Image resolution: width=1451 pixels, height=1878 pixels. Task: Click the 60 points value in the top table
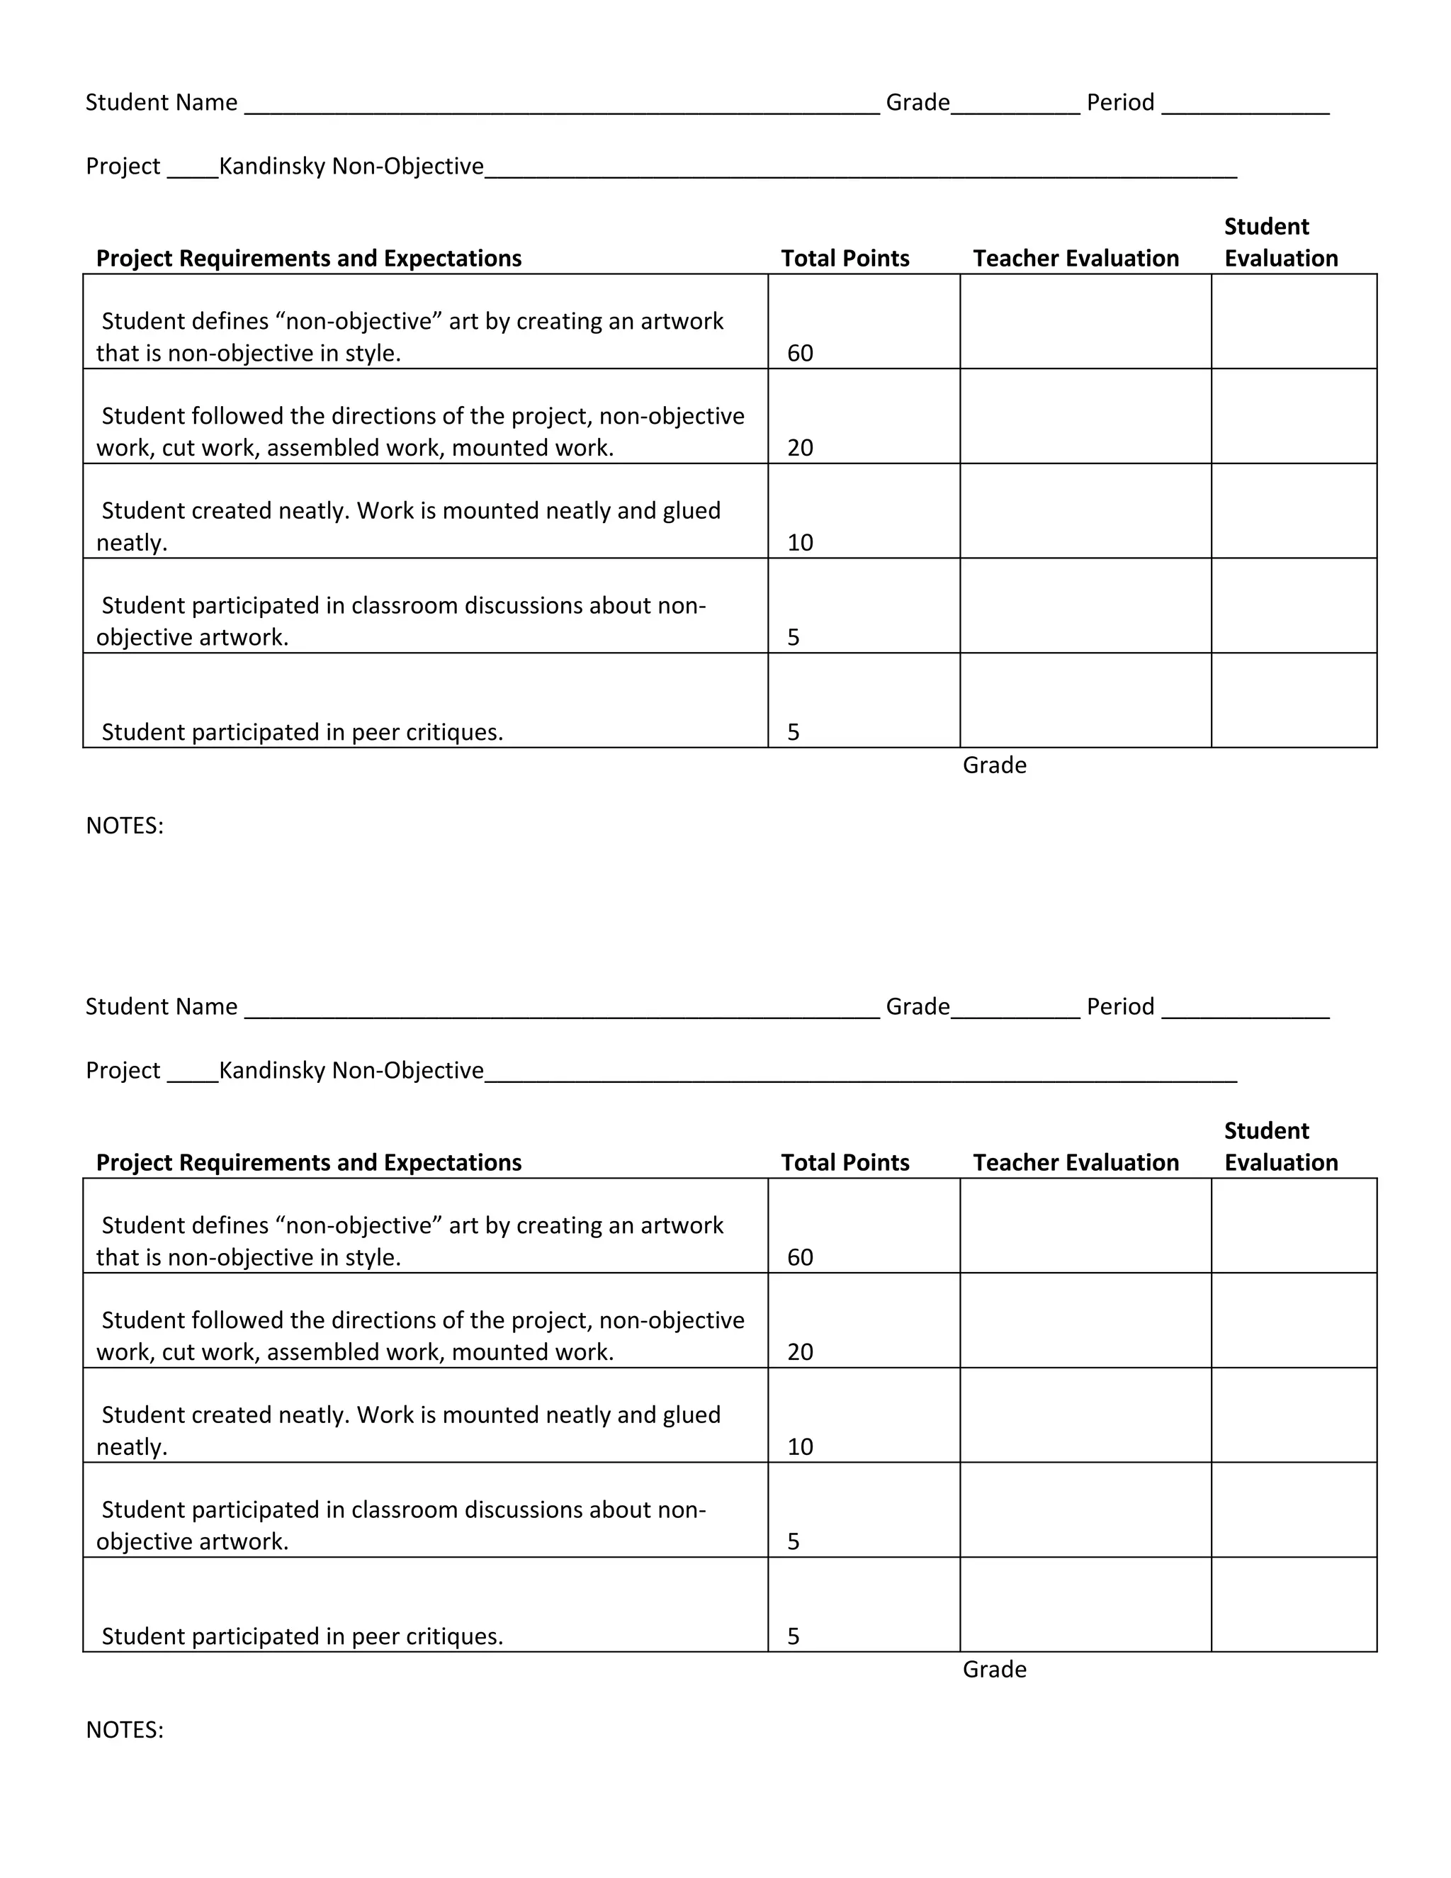799,354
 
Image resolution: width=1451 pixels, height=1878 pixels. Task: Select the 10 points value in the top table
799,543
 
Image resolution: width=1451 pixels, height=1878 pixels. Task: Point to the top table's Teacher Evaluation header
1075,258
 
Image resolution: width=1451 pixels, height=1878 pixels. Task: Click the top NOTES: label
125,826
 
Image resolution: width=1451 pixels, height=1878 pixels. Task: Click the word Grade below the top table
995,765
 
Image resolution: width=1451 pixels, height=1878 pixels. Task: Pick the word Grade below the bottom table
995,1669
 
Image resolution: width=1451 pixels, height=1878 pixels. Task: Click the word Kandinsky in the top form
273,166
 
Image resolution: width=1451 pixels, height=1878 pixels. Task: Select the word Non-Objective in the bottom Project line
407,1071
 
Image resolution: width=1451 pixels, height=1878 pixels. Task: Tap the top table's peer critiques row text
302,732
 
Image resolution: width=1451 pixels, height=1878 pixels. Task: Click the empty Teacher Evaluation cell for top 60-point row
1085,322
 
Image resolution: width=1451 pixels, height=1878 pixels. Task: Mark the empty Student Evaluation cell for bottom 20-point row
1293,1321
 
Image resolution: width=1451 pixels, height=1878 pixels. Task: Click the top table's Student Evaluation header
1280,242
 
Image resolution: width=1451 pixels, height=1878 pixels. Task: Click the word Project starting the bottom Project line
123,1071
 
